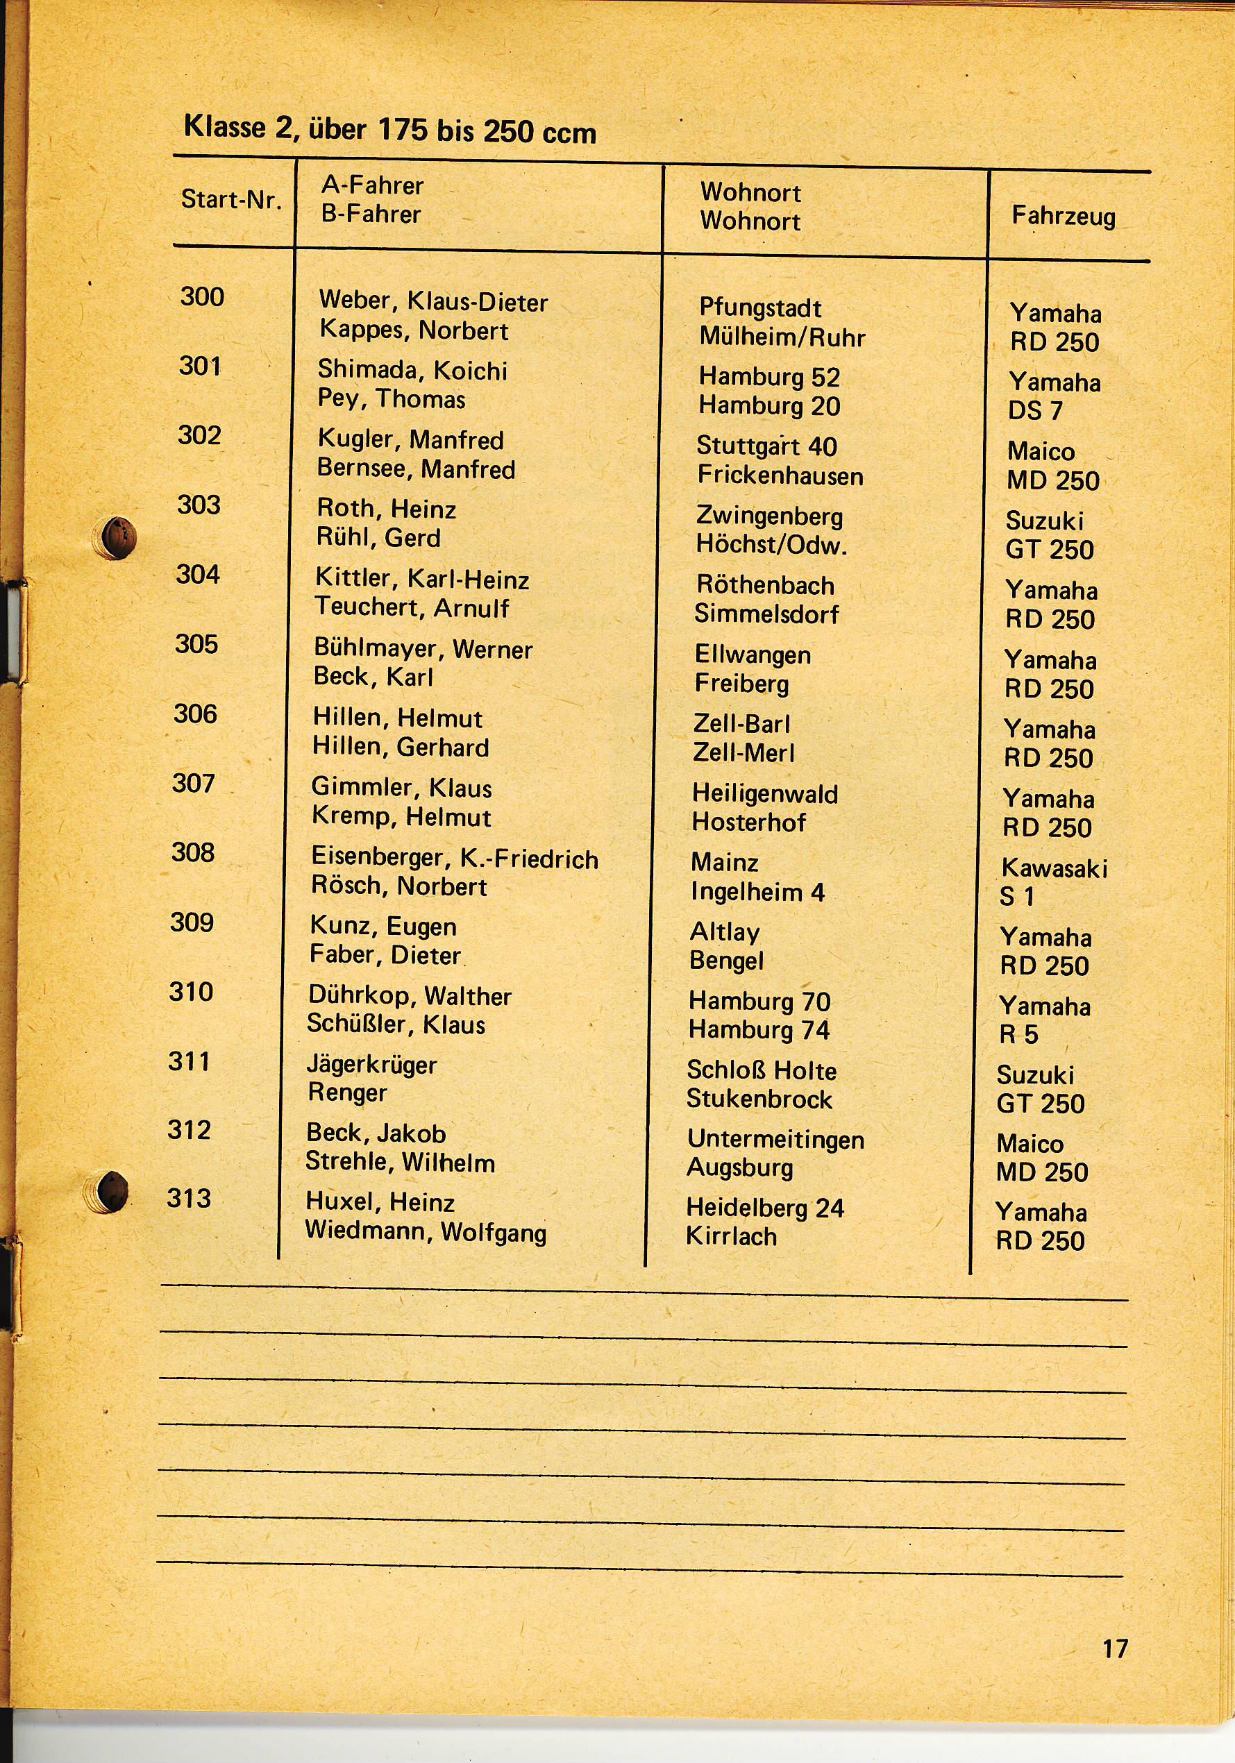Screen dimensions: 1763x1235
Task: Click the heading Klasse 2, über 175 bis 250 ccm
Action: [389, 129]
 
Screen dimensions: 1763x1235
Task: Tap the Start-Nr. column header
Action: [231, 200]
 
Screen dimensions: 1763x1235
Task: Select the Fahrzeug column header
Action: [1063, 216]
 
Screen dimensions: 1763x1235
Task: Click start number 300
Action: [202, 296]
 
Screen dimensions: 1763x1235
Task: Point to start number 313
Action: [189, 1199]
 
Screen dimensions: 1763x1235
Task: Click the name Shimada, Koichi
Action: [412, 370]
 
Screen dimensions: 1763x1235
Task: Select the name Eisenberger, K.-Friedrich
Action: [454, 858]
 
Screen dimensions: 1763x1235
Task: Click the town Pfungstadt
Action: [759, 308]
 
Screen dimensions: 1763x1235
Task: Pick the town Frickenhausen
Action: [780, 476]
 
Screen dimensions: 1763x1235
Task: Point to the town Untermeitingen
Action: [775, 1140]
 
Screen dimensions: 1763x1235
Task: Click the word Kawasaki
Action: [1054, 868]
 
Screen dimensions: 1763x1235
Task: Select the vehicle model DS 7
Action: [1034, 411]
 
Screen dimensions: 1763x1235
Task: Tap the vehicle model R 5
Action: [1018, 1035]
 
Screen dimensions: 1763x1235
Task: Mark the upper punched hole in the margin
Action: [119, 536]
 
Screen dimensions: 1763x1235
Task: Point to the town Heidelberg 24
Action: [765, 1208]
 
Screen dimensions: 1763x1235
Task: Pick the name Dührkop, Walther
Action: [410, 996]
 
